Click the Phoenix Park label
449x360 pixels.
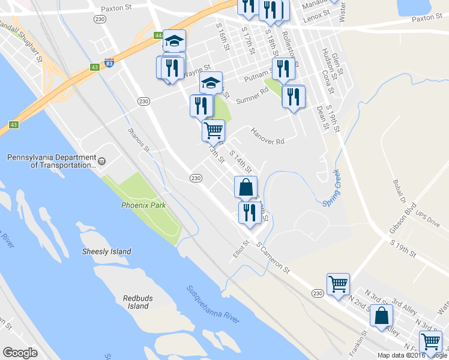[x=143, y=205]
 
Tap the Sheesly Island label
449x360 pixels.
[x=106, y=251]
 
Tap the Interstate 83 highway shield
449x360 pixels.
[x=109, y=62]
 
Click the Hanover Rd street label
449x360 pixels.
[x=267, y=137]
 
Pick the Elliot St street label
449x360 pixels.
[x=241, y=251]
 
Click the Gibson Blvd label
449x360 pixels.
[x=402, y=221]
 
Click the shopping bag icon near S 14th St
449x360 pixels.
[x=246, y=187]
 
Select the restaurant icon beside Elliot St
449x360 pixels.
[x=248, y=212]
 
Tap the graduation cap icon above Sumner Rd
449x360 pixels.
[x=211, y=83]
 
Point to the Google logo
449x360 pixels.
[x=20, y=353]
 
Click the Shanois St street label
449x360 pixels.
[x=138, y=139]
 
